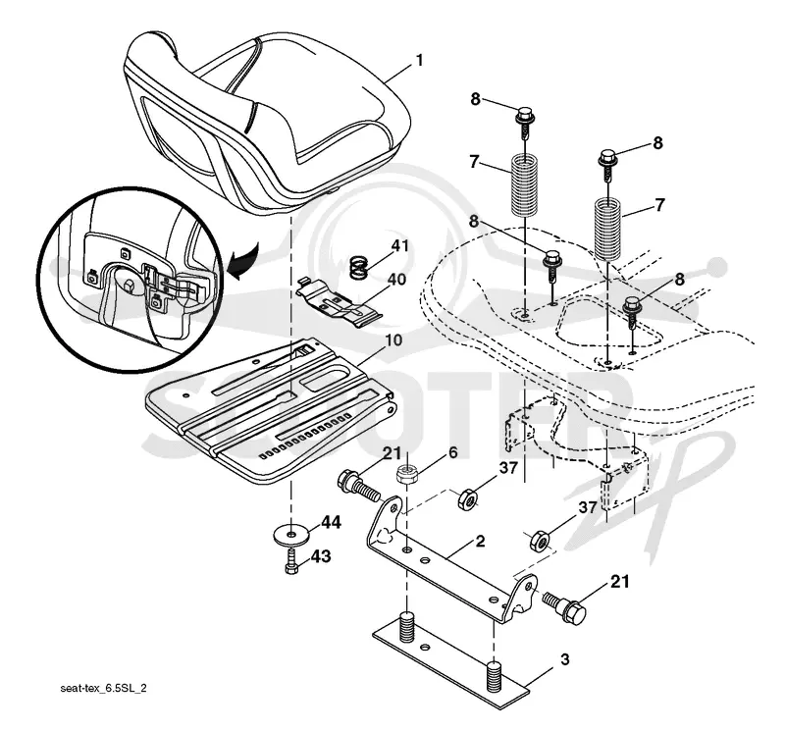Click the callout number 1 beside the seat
[420, 61]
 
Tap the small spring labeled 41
[359, 268]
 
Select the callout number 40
[396, 279]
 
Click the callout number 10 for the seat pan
[393, 339]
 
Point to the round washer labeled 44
[290, 534]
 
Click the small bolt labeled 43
[290, 562]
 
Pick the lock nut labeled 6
[408, 474]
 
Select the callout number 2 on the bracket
[480, 542]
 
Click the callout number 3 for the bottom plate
[565, 659]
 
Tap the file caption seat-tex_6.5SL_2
[104, 689]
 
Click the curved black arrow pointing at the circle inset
[242, 260]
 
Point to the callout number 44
[331, 523]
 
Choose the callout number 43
[321, 555]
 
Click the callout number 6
[452, 452]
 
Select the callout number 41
[399, 246]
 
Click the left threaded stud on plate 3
[407, 625]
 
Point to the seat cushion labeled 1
[268, 120]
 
